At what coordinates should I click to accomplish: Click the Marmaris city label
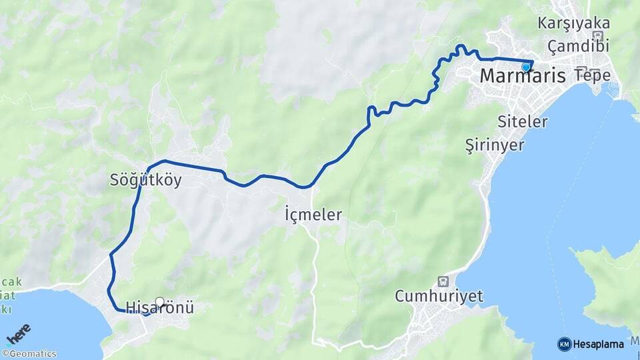click(523, 77)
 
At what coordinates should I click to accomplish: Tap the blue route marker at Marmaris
click(526, 67)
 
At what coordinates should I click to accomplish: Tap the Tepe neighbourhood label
click(592, 75)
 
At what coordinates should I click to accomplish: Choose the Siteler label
click(523, 121)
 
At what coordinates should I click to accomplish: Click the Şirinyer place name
click(495, 145)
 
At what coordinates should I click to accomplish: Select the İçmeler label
click(313, 215)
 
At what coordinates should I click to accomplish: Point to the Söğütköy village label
click(146, 180)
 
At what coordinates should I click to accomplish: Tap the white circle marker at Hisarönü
click(159, 301)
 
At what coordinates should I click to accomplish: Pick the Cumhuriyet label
click(439, 297)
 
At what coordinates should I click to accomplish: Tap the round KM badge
click(564, 344)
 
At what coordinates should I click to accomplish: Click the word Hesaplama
click(599, 345)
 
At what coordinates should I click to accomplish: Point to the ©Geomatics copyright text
click(29, 354)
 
